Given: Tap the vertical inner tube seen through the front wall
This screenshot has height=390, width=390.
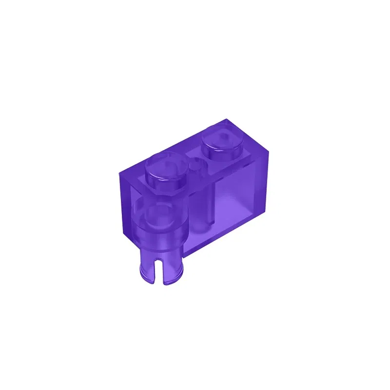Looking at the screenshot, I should (202, 210).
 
